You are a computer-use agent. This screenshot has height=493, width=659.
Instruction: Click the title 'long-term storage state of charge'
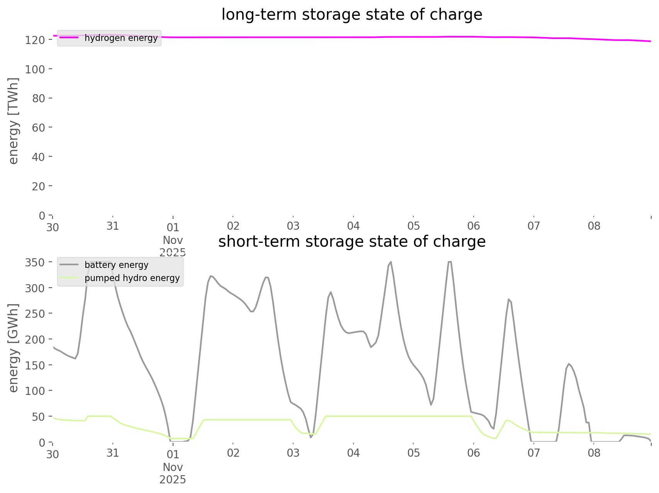352,15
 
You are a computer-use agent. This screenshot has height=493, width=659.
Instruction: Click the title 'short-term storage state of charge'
352,242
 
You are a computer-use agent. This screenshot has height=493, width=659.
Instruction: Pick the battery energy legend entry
116,265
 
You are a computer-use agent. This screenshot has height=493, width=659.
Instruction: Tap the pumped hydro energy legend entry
132,278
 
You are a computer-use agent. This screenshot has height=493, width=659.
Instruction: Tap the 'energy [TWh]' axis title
14,121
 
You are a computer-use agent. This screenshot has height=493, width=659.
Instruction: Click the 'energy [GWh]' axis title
14,348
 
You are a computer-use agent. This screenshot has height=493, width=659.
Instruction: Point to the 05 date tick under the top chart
413,226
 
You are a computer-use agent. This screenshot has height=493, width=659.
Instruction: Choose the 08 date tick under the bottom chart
594,453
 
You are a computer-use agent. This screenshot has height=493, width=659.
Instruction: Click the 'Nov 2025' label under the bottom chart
173,473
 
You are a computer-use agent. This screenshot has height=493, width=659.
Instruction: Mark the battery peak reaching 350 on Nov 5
449,262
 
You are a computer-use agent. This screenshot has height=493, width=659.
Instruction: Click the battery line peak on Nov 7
569,363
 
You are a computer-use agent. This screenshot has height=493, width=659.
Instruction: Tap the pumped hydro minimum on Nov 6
495,439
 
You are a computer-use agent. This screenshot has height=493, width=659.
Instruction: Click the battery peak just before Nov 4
331,292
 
